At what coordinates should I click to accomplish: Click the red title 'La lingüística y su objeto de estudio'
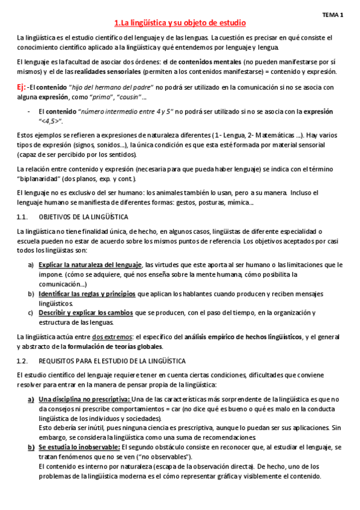coord(180,23)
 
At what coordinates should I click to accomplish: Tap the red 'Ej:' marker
coord(22,87)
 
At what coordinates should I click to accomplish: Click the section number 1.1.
coord(23,216)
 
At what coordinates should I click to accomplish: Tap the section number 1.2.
coord(23,360)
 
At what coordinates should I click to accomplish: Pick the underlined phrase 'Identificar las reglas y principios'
coord(87,293)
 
